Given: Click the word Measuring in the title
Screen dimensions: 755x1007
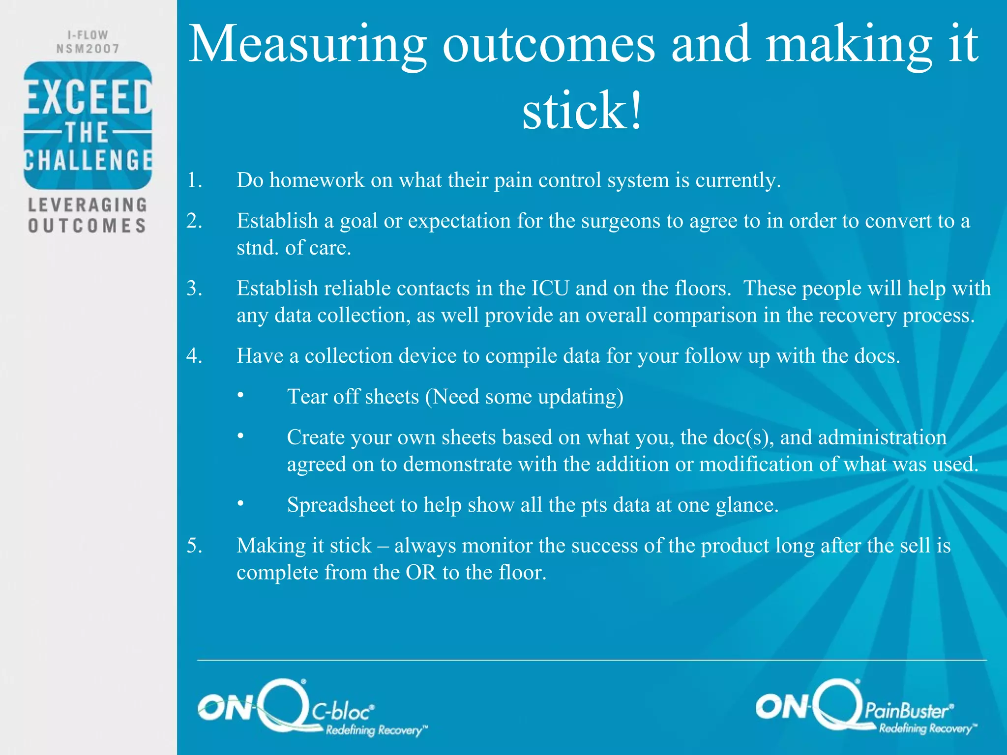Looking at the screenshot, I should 307,45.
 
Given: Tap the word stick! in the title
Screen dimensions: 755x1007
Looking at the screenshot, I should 582,111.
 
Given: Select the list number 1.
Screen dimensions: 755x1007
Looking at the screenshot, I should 195,180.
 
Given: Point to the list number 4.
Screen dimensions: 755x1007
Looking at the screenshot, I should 195,356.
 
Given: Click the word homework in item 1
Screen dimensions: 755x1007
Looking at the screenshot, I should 317,180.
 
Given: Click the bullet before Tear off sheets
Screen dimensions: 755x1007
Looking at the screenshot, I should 240,396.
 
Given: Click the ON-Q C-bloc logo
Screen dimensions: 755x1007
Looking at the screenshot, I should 312,708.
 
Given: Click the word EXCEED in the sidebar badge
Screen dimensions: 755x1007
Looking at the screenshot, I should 88,97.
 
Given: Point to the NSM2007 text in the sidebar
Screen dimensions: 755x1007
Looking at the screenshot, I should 88,49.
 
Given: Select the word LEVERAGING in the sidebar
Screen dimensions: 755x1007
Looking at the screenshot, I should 88,204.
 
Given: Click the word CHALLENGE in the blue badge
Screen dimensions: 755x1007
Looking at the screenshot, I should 88,161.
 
